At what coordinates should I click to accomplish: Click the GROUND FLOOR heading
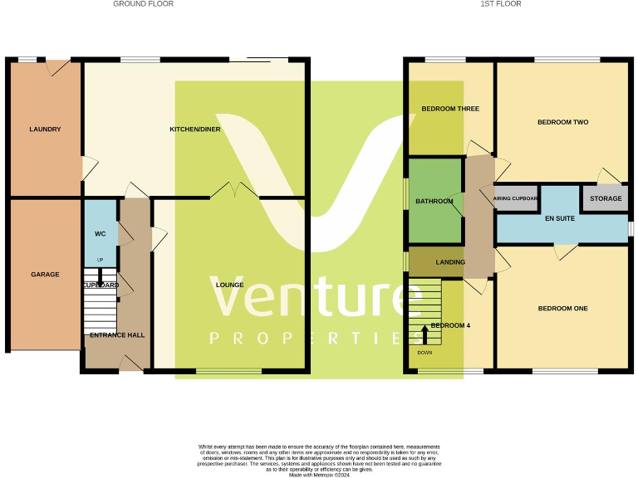(144, 4)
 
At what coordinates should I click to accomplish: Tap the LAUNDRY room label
(45, 129)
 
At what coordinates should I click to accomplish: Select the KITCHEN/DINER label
(195, 129)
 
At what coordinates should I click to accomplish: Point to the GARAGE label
(45, 274)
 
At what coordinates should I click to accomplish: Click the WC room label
(100, 234)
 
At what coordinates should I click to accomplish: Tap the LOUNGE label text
(230, 285)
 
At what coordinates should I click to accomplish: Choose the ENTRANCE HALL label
(117, 335)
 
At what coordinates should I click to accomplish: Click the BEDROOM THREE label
(450, 109)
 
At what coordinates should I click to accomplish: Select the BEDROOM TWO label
(562, 122)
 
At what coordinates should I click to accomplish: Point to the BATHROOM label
(434, 201)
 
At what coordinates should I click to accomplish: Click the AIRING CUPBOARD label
(516, 199)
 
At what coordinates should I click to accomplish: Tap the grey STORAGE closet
(606, 199)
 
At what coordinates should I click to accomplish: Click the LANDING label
(450, 262)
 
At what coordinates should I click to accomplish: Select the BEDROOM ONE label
(562, 309)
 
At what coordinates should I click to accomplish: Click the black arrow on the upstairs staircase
(425, 334)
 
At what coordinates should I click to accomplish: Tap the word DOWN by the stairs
(425, 353)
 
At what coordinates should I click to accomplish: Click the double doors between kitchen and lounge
(235, 192)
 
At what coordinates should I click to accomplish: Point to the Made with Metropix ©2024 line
(319, 475)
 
